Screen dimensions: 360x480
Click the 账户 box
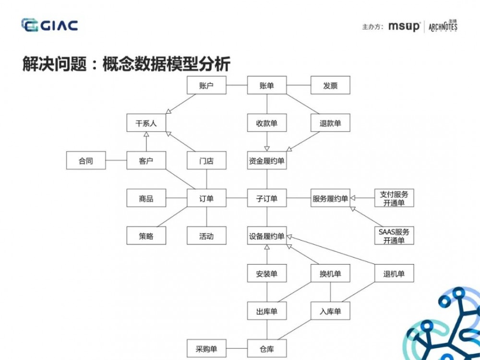[x=206, y=86]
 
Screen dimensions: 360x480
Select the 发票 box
[x=330, y=86]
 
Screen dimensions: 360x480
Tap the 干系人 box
[x=146, y=123]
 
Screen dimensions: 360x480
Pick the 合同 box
[x=85, y=161]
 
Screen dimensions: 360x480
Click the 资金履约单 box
[x=266, y=161]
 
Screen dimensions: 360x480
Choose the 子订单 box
[x=266, y=198]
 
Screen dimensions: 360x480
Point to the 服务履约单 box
[x=330, y=198]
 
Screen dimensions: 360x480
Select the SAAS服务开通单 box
[x=394, y=236]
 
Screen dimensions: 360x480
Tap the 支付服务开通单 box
[x=394, y=198]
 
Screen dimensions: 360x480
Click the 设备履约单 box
[x=266, y=236]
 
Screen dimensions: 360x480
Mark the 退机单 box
[x=394, y=274]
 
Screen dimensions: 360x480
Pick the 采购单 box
[x=206, y=348]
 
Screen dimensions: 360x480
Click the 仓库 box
[x=266, y=348]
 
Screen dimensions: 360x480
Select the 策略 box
[x=146, y=236]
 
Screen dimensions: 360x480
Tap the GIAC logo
[x=49, y=25]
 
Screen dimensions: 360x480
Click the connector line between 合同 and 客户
[x=116, y=161]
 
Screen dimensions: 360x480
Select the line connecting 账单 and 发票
[x=299, y=86]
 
